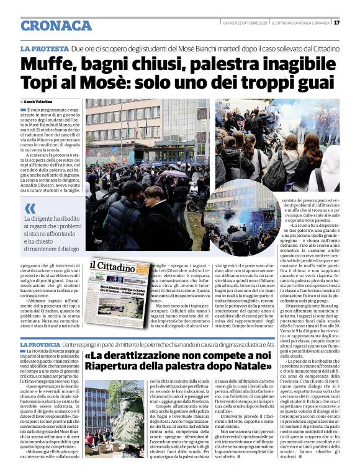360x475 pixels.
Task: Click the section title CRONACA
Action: pyautogui.click(x=56, y=26)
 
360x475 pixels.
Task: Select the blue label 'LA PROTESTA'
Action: pyautogui.click(x=44, y=48)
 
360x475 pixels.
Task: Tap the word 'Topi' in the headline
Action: pyautogui.click(x=42, y=84)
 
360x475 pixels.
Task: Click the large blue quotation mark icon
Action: pyautogui.click(x=29, y=208)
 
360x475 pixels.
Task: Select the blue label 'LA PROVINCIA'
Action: pyautogui.click(x=40, y=344)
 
